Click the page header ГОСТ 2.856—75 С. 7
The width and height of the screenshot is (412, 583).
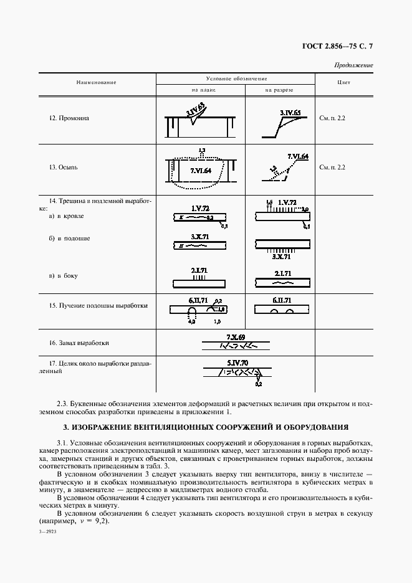pos(337,45)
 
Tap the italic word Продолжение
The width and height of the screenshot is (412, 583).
pos(353,65)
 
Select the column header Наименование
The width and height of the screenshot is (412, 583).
pos(97,82)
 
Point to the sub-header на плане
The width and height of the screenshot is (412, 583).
pos(200,90)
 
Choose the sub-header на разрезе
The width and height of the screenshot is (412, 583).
pos(279,90)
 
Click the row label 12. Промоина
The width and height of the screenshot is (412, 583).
pos(69,117)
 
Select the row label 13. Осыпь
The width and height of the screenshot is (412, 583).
pos(65,167)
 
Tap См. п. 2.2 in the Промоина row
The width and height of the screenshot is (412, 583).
pos(332,117)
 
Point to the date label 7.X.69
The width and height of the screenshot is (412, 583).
pos(236,336)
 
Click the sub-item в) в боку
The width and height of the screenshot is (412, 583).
pos(63,275)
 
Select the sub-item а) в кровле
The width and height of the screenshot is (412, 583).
pos(66,216)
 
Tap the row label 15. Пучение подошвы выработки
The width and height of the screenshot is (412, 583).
pos(98,306)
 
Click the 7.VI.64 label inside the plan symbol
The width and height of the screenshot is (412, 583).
pos(200,170)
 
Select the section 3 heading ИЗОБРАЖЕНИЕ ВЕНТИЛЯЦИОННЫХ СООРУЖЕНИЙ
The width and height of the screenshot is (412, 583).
pos(206,427)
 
